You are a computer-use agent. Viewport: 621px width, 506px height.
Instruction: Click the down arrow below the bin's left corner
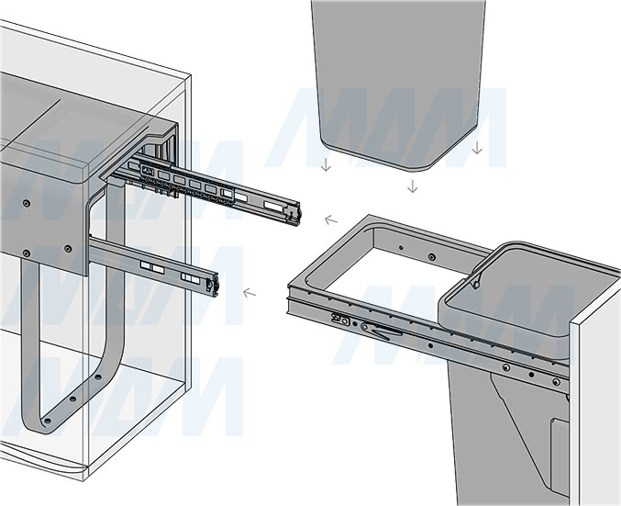coord(326,164)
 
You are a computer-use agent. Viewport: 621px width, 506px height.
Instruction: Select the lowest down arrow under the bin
coord(413,186)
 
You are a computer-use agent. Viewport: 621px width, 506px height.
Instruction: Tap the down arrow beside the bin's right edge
coord(477,147)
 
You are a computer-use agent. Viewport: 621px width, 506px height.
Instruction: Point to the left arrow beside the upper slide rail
coord(331,219)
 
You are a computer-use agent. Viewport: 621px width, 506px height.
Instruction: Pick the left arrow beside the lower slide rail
coord(250,294)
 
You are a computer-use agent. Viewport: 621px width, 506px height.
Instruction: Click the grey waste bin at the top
coord(398,79)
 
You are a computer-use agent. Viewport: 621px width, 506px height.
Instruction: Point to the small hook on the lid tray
coord(475,284)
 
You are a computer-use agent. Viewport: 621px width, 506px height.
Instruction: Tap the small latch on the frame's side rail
coord(341,320)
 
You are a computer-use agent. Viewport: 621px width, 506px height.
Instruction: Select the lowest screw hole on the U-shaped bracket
coord(47,421)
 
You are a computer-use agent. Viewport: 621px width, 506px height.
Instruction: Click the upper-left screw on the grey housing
coord(26,204)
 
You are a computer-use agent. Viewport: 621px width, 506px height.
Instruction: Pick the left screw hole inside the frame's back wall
coord(401,248)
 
